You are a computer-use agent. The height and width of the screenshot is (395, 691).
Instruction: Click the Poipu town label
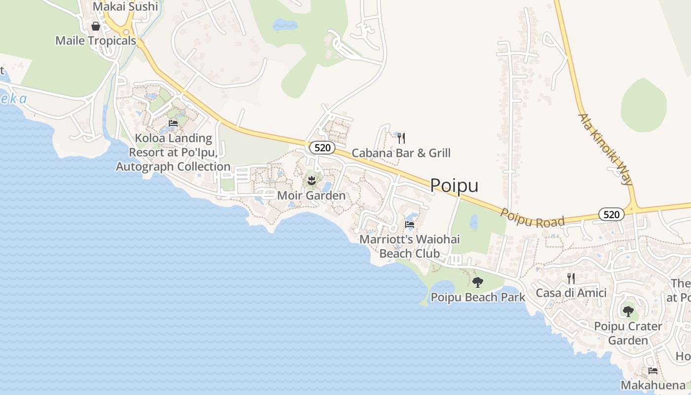[x=454, y=185]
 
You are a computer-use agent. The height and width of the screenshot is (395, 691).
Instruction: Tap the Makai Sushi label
[x=125, y=6]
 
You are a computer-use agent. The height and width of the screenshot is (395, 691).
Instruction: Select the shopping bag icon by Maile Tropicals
[x=96, y=26]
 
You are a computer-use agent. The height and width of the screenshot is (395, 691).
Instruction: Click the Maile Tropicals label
[x=95, y=40]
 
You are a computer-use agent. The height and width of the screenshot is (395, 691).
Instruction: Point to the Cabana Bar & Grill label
[x=401, y=153]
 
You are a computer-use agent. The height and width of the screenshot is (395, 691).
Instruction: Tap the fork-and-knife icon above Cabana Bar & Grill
[x=401, y=138]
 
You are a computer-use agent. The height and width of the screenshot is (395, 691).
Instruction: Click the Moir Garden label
[x=311, y=196]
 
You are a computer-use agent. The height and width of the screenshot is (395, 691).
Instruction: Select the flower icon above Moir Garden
[x=311, y=181]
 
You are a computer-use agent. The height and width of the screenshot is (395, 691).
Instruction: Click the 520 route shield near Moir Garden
[x=322, y=147]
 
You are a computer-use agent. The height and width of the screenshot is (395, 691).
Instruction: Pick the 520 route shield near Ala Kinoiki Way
[x=612, y=214]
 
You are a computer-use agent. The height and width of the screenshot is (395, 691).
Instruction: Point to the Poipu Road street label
[x=533, y=218]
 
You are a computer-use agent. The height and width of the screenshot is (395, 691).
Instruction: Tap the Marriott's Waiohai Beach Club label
[x=409, y=246]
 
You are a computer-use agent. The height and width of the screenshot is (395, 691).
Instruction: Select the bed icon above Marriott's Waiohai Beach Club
[x=410, y=225]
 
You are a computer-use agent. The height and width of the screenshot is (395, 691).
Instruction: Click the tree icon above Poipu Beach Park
[x=477, y=282]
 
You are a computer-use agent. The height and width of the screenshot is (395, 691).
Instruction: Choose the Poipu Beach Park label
[x=478, y=297]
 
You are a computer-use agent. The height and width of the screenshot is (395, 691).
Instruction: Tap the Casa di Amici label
[x=571, y=293]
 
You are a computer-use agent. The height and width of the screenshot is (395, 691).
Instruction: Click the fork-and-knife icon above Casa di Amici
[x=571, y=278]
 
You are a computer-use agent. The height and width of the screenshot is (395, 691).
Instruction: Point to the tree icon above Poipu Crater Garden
[x=628, y=312]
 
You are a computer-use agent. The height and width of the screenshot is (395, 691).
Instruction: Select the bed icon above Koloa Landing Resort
[x=173, y=123]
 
